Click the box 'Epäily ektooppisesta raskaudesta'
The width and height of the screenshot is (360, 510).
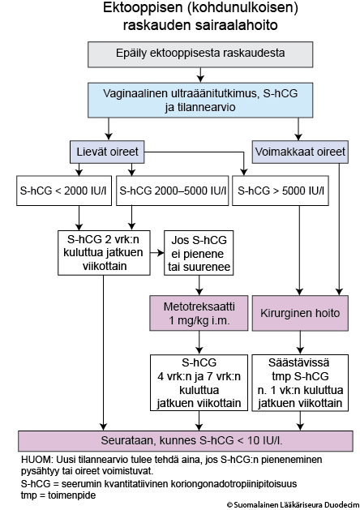click(x=200, y=54)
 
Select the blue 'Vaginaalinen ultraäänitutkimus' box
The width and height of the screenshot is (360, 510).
click(x=200, y=100)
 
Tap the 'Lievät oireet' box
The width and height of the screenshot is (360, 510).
click(x=107, y=152)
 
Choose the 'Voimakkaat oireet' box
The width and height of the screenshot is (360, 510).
click(x=300, y=152)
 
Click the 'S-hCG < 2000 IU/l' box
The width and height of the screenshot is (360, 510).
click(x=64, y=191)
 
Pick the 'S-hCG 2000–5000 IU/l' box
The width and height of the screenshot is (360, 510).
click(x=173, y=191)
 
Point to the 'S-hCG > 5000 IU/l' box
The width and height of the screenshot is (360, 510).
click(x=281, y=191)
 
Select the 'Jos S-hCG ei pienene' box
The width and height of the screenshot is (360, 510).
click(x=199, y=253)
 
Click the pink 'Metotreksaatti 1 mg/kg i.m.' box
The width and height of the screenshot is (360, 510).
click(x=199, y=313)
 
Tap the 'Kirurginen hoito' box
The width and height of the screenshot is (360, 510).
click(x=300, y=313)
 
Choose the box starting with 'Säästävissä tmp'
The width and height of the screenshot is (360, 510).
click(x=300, y=383)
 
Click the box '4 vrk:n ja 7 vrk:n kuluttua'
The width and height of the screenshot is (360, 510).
click(x=199, y=383)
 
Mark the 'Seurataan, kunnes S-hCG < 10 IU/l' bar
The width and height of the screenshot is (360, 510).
click(x=186, y=441)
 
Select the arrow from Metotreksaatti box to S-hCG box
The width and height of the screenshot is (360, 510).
click(x=199, y=342)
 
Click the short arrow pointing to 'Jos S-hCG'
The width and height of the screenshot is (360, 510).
click(x=157, y=253)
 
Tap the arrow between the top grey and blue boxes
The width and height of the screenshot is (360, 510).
click(x=200, y=75)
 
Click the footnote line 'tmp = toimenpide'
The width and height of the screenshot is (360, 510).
click(x=58, y=495)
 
